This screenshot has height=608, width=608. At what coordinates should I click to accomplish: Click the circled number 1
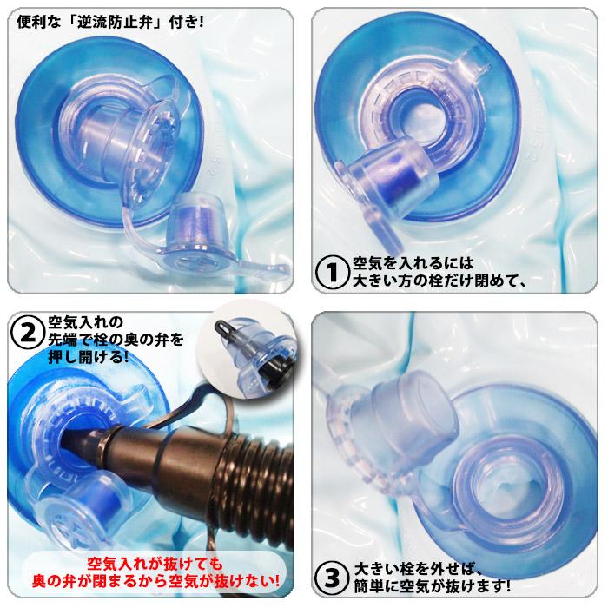click(332, 272)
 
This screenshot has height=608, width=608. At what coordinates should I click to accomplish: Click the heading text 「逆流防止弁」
click(114, 22)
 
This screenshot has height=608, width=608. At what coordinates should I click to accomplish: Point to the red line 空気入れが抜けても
click(155, 564)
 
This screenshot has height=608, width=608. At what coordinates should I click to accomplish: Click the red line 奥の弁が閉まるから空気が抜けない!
click(155, 581)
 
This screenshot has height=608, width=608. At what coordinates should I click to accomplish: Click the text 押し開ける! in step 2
click(89, 356)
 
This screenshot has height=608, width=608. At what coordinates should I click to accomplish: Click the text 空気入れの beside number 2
click(86, 321)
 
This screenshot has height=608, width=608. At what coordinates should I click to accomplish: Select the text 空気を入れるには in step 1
click(413, 263)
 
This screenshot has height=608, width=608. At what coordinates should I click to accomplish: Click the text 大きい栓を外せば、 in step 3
click(418, 569)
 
